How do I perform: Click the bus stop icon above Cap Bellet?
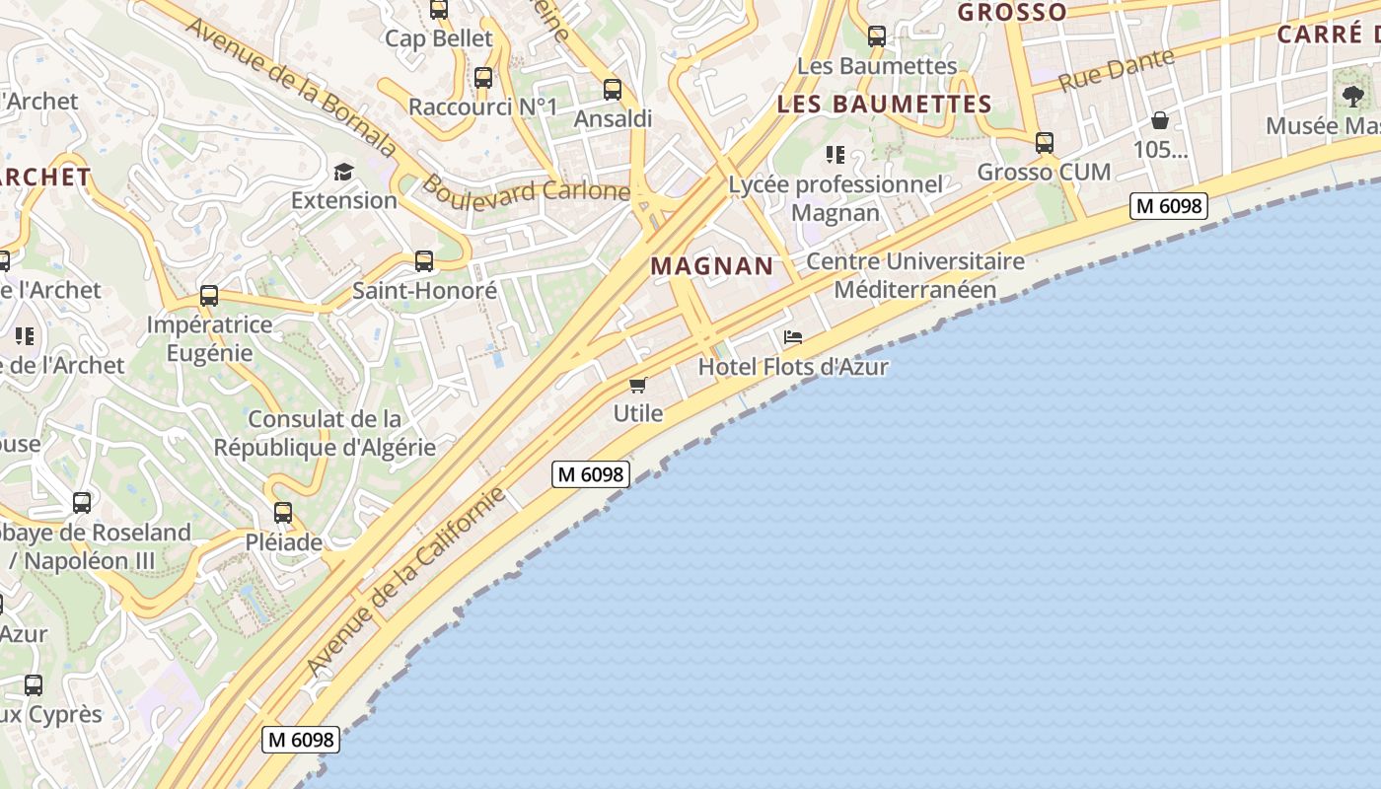point(439,10)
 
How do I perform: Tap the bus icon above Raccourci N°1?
point(483,78)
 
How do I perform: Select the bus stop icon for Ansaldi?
point(613,90)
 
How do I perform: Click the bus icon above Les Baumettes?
point(876,36)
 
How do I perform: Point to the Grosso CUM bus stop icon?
point(1045,143)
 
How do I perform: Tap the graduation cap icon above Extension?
point(343,173)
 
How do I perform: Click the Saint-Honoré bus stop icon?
point(424,261)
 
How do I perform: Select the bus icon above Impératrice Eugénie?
point(209,296)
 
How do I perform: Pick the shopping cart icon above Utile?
point(638,385)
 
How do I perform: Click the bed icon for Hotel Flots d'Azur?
point(793,337)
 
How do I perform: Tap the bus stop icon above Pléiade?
point(283,513)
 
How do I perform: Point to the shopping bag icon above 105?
point(1160,120)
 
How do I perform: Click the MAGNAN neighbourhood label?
point(712,265)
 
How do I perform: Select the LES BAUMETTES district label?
point(884,104)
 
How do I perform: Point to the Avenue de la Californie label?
point(407,581)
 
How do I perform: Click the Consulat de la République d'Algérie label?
point(325,433)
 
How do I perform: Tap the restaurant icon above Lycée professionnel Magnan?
point(836,155)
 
